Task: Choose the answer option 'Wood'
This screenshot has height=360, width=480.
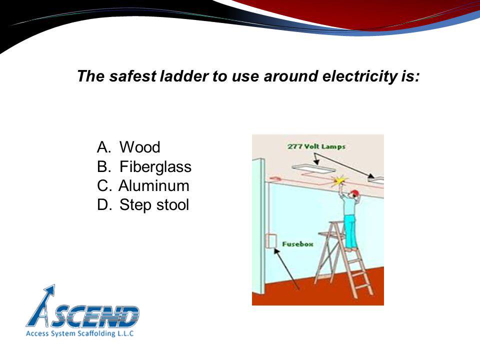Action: [x=140, y=147]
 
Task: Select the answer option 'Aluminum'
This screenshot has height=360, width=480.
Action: [x=154, y=186]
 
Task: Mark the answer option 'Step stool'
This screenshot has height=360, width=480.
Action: [x=154, y=205]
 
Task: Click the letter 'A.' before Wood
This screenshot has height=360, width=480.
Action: [x=104, y=147]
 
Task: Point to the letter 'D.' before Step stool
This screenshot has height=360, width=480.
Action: [x=104, y=205]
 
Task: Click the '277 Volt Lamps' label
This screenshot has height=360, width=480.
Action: [x=316, y=147]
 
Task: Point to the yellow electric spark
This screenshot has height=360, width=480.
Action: [x=341, y=179]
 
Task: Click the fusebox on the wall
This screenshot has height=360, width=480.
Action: [x=271, y=241]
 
